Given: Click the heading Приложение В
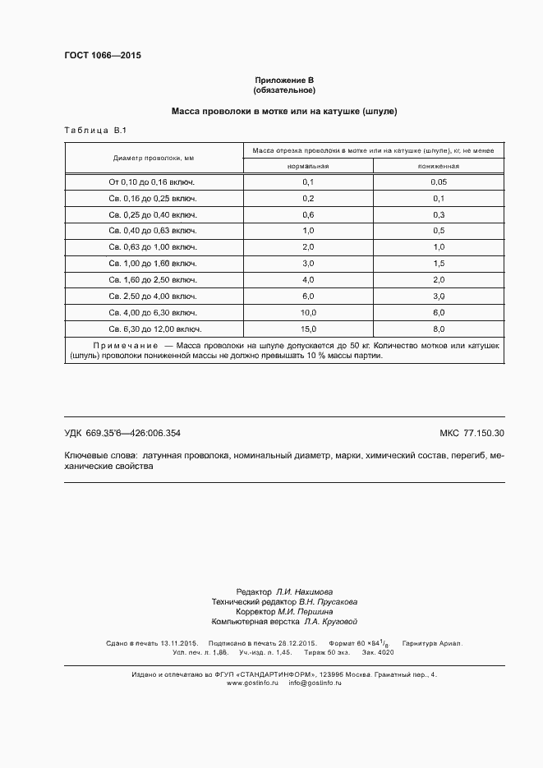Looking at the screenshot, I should [x=284, y=80].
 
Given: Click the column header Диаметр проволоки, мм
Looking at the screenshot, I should [x=154, y=158].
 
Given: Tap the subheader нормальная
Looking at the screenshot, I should [x=308, y=166].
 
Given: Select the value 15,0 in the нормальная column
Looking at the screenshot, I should [x=308, y=329].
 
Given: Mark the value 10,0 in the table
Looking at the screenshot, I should [x=308, y=313].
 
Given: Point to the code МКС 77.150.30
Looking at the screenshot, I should [x=472, y=433].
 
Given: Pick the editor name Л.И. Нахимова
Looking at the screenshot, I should [x=303, y=591].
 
